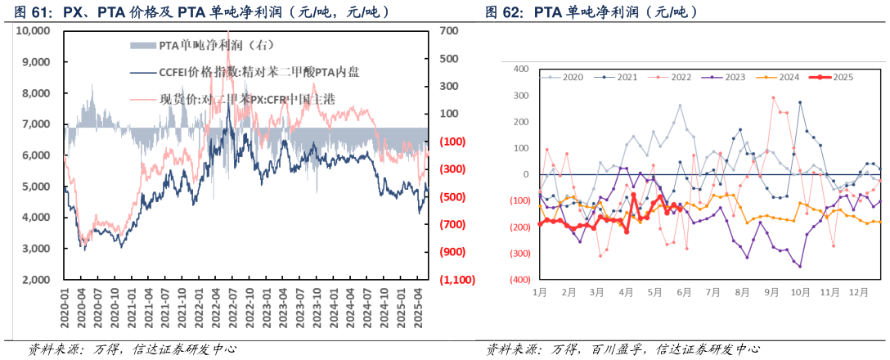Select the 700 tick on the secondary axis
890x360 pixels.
click(x=448, y=31)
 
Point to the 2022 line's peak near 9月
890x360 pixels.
click(x=773, y=97)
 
